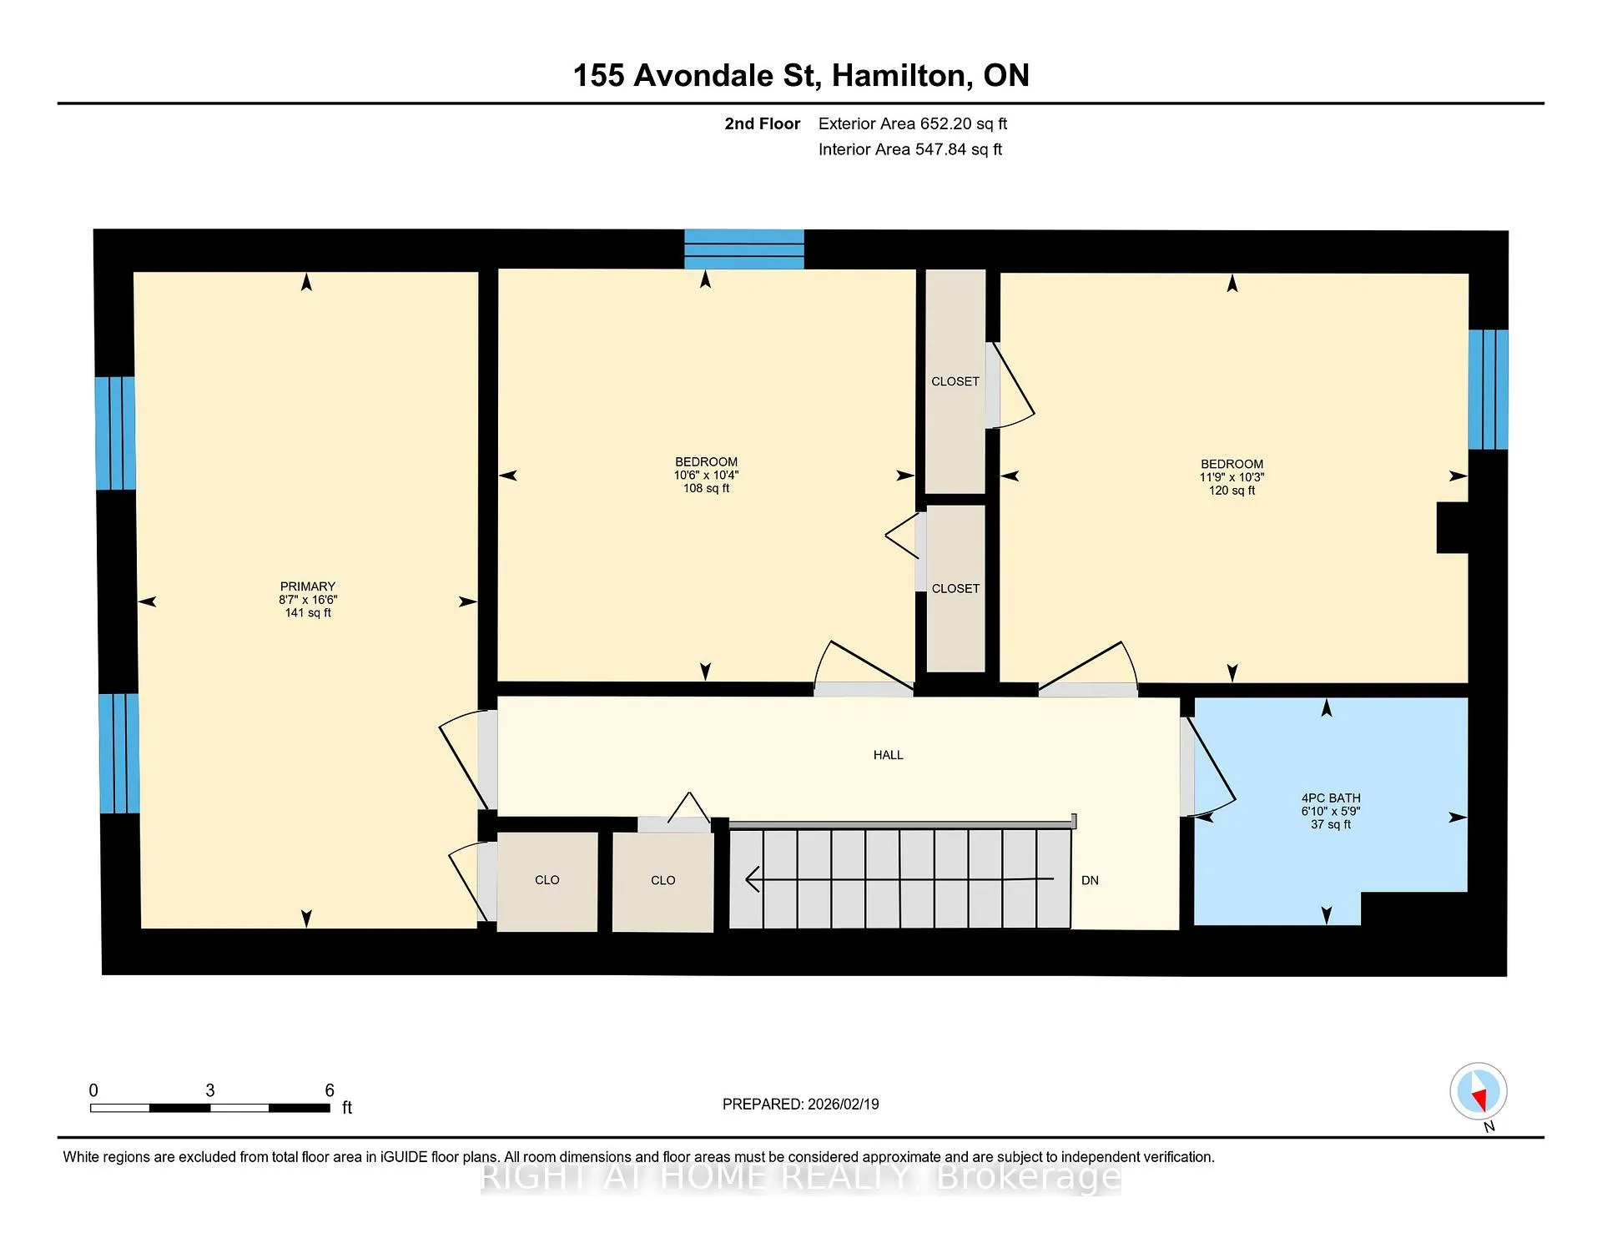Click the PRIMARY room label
click(x=308, y=586)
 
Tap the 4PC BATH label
click(x=1331, y=798)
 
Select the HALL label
click(x=889, y=755)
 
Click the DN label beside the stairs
click(x=1090, y=880)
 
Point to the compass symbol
click(x=1479, y=1091)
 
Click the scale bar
click(x=210, y=1108)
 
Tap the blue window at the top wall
click(x=744, y=249)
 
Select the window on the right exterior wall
click(x=1489, y=390)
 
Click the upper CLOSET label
click(x=955, y=381)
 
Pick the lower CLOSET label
click(x=955, y=588)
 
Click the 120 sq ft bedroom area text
click(x=1232, y=491)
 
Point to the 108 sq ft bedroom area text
click(x=706, y=488)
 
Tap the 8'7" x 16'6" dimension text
click(x=308, y=600)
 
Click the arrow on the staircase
click(x=899, y=879)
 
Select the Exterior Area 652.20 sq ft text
click(x=913, y=123)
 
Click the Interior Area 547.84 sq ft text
click(x=910, y=149)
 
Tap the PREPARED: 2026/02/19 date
click(x=801, y=1104)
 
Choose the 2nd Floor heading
click(x=762, y=123)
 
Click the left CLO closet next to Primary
click(x=547, y=882)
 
